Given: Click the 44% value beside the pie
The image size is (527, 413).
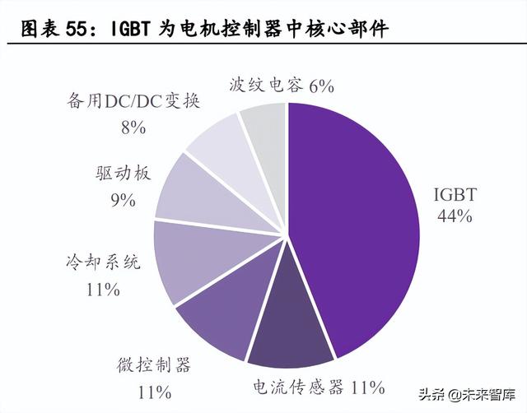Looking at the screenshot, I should click(x=455, y=216).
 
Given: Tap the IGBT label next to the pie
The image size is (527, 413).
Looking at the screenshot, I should click(x=455, y=196).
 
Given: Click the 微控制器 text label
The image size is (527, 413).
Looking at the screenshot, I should click(x=153, y=364).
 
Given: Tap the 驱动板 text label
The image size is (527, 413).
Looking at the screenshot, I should click(x=122, y=174).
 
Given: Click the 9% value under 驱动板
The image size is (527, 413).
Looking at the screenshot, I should click(x=122, y=199).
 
